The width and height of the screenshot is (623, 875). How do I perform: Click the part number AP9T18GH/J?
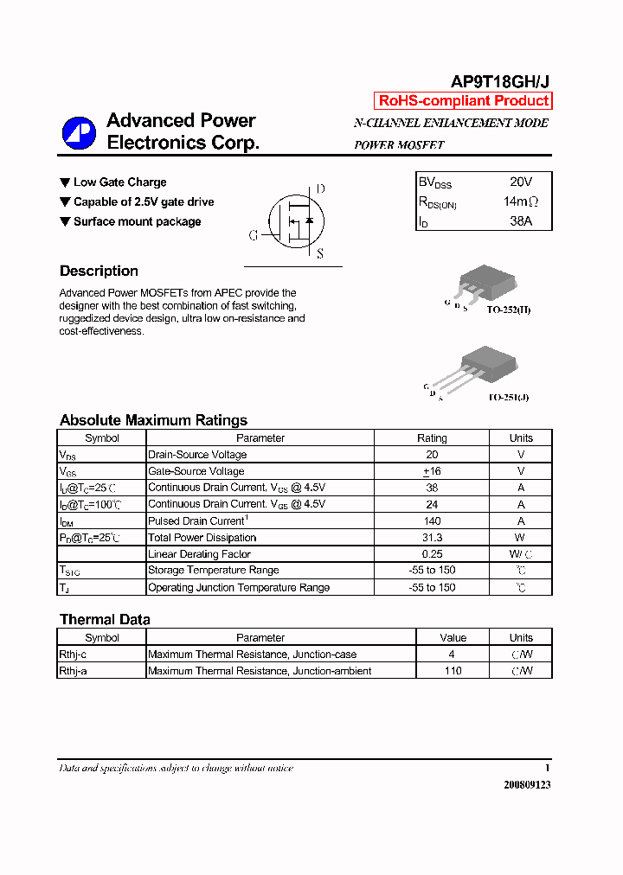500,82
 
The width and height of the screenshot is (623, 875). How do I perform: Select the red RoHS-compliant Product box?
463,101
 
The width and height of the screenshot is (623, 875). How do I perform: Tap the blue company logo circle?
79,132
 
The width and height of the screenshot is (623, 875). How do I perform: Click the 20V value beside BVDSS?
521,182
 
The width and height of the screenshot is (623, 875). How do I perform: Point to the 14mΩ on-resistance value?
521,201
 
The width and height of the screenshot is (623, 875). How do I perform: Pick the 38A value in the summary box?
521,221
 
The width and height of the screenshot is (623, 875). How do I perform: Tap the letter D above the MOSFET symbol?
320,189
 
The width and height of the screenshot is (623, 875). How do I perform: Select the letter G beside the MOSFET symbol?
254,235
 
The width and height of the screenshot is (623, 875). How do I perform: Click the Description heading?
99,271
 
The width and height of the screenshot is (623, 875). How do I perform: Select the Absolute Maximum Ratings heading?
153,420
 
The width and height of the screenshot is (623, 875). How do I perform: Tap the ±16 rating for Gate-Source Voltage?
432,471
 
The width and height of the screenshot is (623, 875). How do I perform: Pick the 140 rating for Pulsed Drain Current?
432,521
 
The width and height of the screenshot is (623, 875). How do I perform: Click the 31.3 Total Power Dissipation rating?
432,538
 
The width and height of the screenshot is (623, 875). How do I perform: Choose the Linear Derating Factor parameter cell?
199,554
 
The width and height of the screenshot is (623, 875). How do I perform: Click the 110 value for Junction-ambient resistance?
453,671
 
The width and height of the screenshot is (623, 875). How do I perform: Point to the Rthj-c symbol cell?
73,655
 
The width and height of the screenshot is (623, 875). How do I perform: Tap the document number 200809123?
526,784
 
